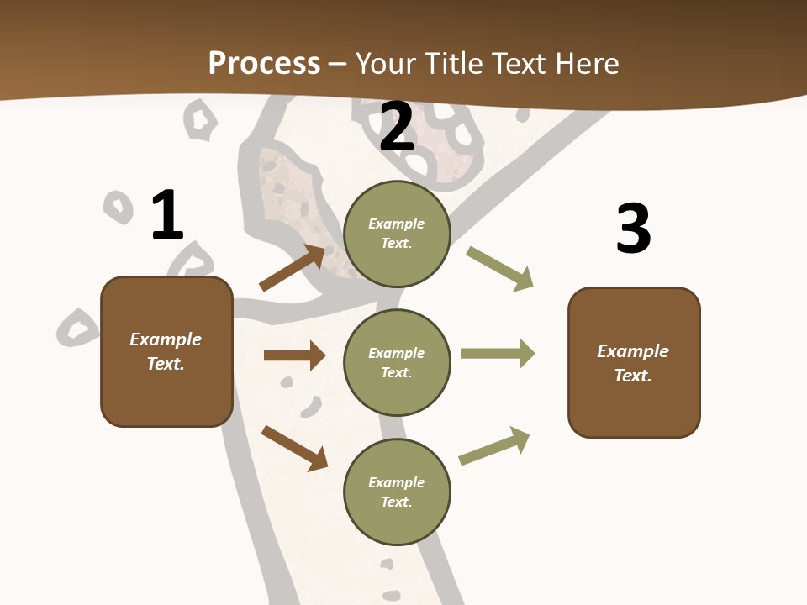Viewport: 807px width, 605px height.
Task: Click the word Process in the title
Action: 264,64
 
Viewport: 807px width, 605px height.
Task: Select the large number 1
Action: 167,215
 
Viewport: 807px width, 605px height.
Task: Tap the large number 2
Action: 397,127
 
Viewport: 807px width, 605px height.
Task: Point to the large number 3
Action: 633,229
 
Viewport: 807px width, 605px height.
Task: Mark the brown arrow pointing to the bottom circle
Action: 294,448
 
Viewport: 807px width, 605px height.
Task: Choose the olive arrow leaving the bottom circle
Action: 494,446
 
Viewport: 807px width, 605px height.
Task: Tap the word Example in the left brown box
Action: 166,339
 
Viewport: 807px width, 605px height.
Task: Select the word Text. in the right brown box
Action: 633,376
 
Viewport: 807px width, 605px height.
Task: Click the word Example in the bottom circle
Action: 396,482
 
